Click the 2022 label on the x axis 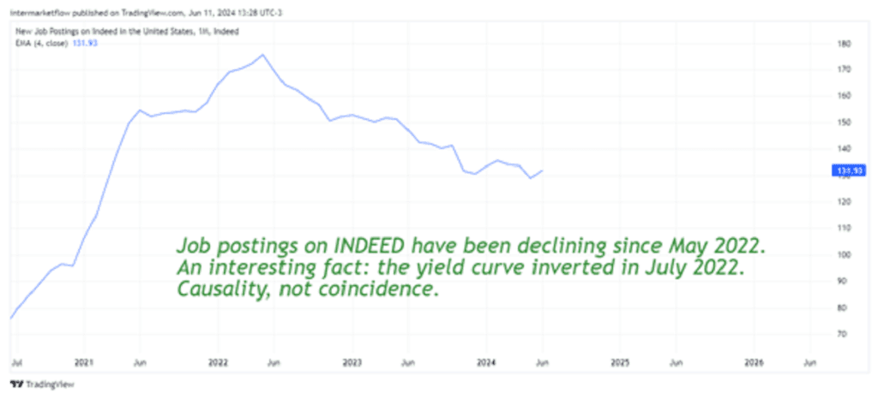(217, 362)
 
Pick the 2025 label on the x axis (621, 362)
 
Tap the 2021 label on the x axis (83, 362)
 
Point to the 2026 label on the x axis (754, 362)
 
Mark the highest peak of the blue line (262, 55)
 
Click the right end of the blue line (542, 170)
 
